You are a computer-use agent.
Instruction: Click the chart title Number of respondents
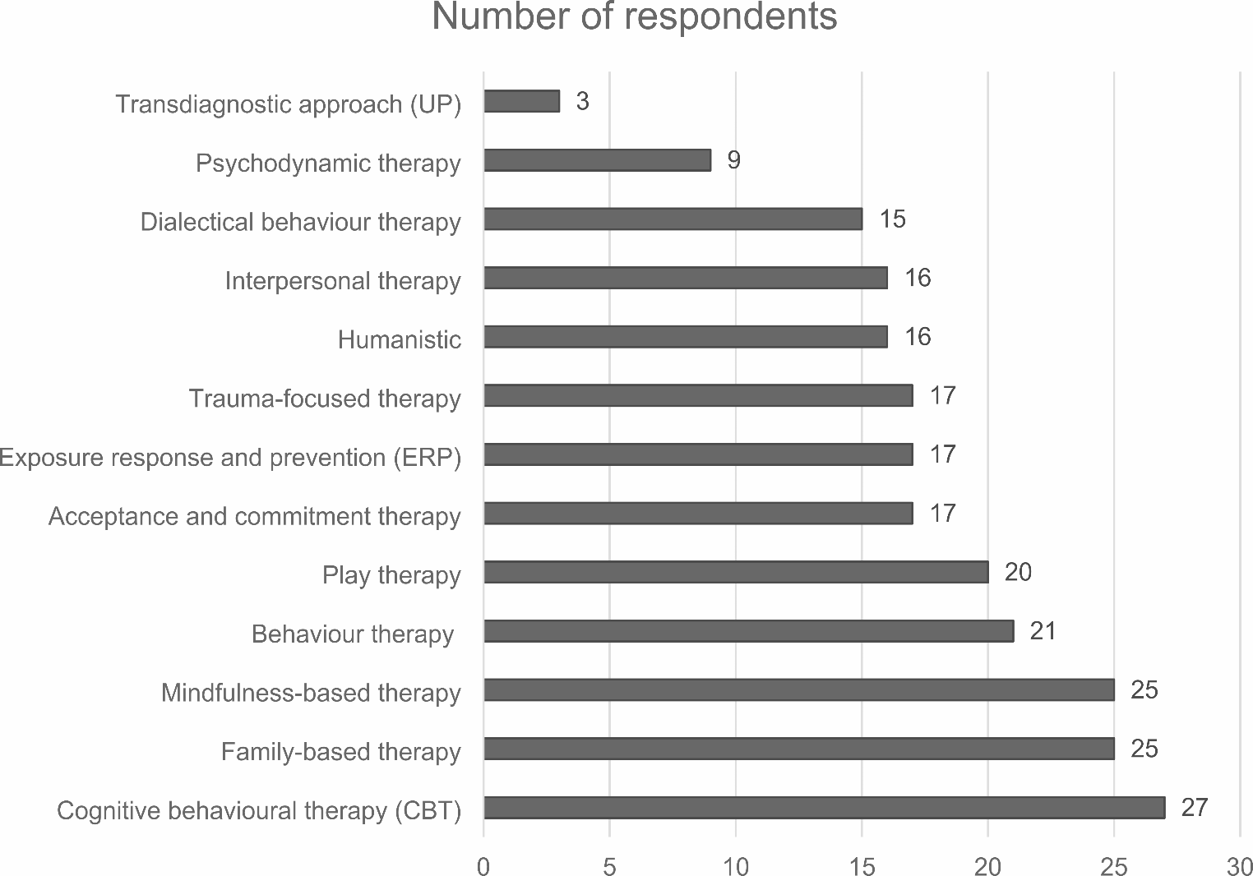[634, 17]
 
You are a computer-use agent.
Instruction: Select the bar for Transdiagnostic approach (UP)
[521, 101]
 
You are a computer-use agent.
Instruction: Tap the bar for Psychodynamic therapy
[597, 160]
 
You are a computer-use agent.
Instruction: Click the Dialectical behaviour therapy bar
[673, 219]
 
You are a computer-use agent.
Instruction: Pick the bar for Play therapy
[736, 572]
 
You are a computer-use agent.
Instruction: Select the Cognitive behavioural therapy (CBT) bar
[824, 808]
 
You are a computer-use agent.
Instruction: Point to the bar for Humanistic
[685, 337]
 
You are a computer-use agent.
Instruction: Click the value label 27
[1194, 808]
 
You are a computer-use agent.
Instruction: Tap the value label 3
[582, 101]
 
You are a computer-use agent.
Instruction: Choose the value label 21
[1043, 631]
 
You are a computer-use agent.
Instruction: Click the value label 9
[733, 160]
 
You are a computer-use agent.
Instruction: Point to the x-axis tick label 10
[736, 866]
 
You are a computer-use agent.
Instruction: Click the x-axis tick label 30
[1239, 866]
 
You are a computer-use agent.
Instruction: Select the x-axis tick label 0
[483, 866]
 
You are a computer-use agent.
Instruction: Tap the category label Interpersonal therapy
[343, 281]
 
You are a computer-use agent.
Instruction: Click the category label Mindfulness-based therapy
[311, 693]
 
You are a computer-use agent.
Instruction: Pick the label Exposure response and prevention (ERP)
[230, 458]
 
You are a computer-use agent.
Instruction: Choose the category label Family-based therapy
[340, 752]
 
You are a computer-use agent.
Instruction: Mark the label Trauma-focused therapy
[325, 399]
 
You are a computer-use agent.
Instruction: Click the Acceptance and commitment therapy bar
[698, 514]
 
